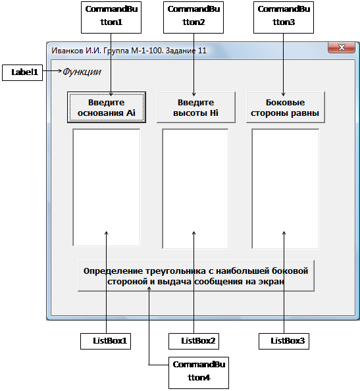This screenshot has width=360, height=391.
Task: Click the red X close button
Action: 342,47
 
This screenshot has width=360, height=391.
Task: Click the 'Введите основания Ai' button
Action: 107,107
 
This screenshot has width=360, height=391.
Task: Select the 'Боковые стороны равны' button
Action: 286,107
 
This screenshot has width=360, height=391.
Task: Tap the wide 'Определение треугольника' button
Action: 196,276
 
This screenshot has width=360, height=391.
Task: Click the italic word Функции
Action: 82,72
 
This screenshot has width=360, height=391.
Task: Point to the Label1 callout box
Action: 22,72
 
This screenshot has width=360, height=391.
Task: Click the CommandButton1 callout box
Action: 111,18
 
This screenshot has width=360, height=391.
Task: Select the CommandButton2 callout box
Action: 193,18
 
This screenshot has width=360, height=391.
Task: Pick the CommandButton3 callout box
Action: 284,18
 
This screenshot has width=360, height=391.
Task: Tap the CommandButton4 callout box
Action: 199,373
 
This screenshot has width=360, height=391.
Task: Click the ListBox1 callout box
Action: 106,341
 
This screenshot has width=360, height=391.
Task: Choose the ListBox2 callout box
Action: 193,341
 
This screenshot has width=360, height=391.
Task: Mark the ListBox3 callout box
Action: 284,341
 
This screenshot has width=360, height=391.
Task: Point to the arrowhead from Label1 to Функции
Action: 60,71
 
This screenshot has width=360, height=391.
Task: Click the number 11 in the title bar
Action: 202,51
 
